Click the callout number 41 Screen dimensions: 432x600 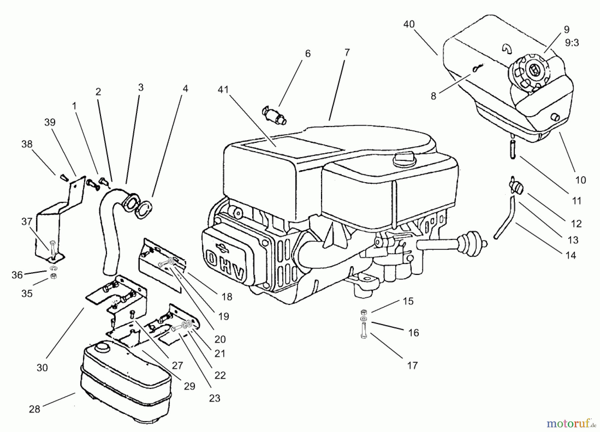223,90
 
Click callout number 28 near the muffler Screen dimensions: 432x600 34,409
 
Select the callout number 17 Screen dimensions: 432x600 412,365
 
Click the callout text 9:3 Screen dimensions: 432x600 572,43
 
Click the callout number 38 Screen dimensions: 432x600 27,144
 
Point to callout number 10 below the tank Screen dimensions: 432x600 580,180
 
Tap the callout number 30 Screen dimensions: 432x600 42,367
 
